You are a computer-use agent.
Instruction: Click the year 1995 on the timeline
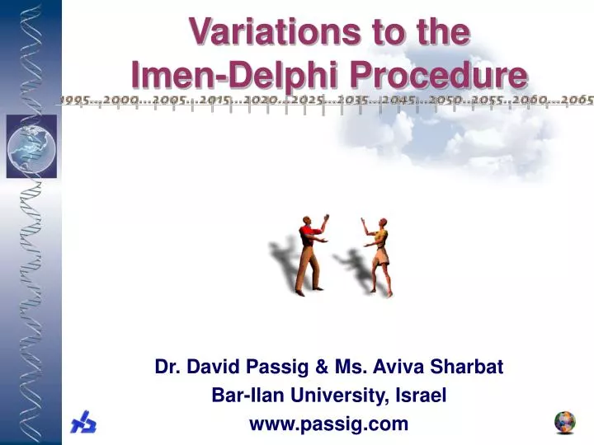click(75, 101)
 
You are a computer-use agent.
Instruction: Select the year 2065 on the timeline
click(577, 101)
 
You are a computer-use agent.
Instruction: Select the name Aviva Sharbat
click(454, 367)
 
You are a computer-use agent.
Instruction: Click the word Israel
click(422, 396)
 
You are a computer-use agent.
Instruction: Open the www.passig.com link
click(329, 424)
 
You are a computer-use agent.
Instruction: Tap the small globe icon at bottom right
click(565, 423)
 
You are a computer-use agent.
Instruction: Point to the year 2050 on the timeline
click(440, 101)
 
